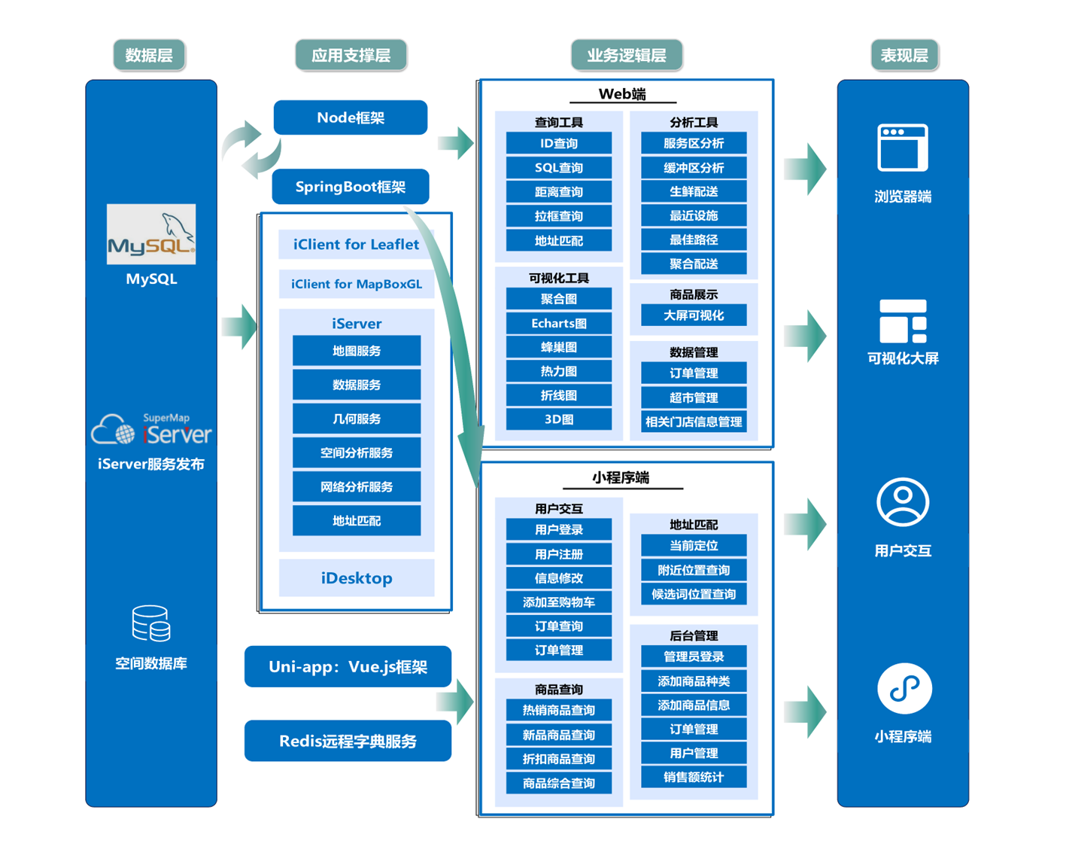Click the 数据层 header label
pos(149,56)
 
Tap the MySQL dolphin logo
pos(151,234)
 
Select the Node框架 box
pos(351,118)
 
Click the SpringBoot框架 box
pos(351,187)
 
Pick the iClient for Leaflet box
pos(356,245)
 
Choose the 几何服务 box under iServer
pos(357,419)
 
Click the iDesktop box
pos(357,578)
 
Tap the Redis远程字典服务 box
pos(348,742)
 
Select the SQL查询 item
pos(559,168)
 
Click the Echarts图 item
pos(559,324)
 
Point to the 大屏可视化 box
pos(694,316)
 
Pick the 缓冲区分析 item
pos(694,168)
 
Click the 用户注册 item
pos(559,555)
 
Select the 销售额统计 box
pos(694,778)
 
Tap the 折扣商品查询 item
pos(559,760)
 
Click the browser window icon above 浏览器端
pos(903,148)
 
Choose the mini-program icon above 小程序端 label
pos(904,689)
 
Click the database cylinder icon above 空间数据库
pos(151,624)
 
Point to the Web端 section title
pos(622,94)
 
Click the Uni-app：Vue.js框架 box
pos(348,667)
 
